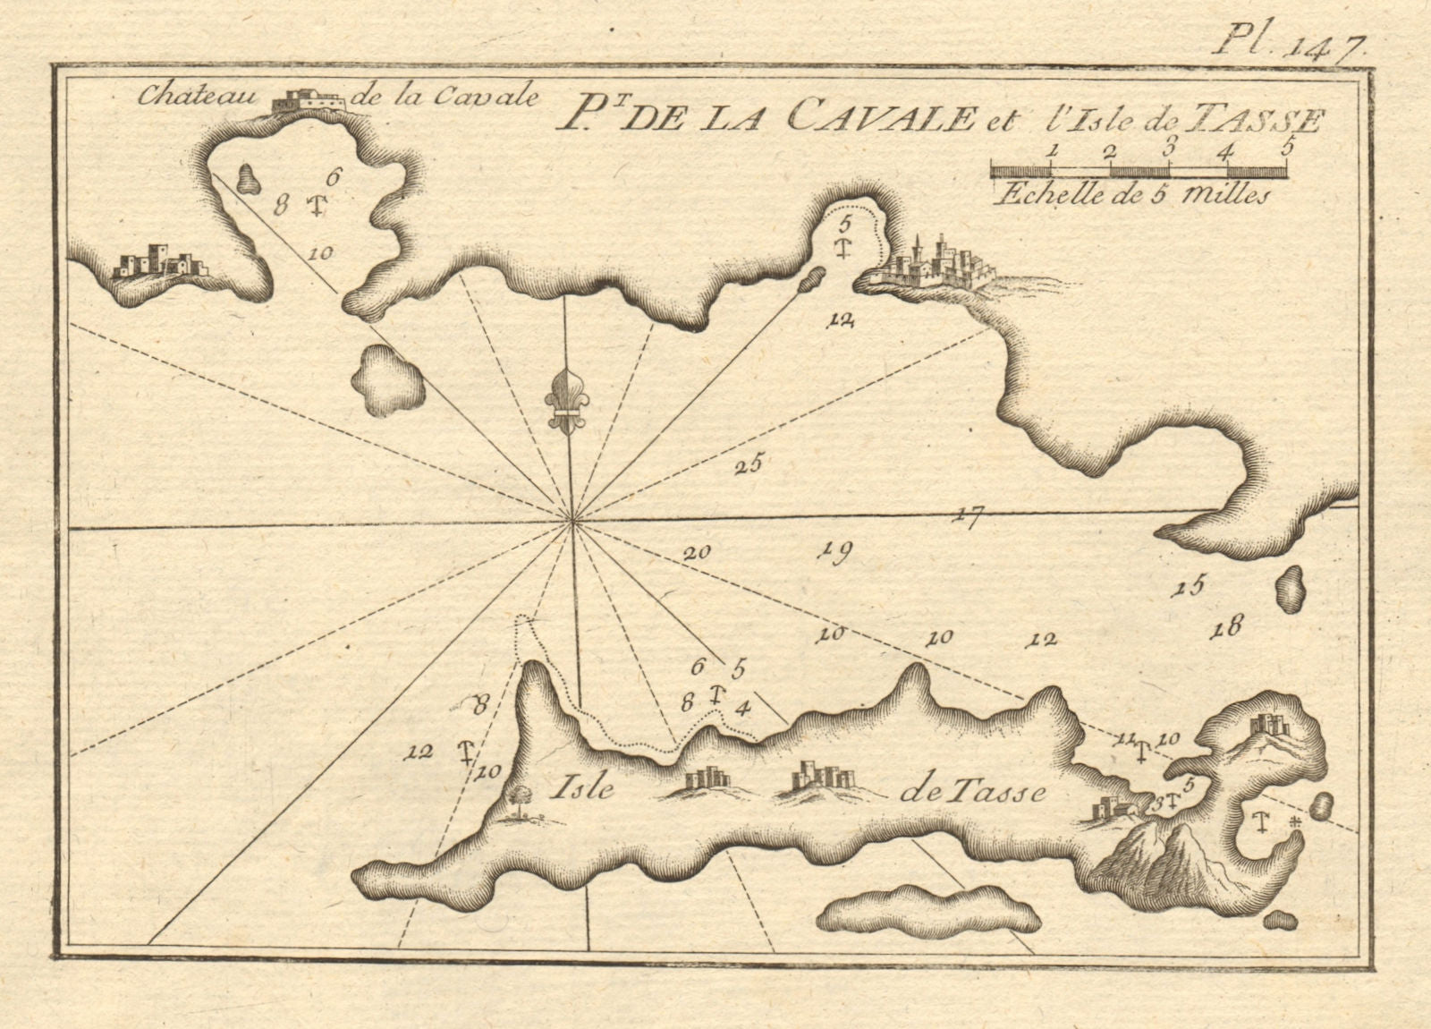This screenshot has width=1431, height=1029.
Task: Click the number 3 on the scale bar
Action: [1191, 150]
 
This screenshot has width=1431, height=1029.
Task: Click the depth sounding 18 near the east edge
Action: [1225, 628]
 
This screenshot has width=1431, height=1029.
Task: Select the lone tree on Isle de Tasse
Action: [517, 798]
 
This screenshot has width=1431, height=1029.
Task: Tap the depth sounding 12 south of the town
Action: [842, 319]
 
